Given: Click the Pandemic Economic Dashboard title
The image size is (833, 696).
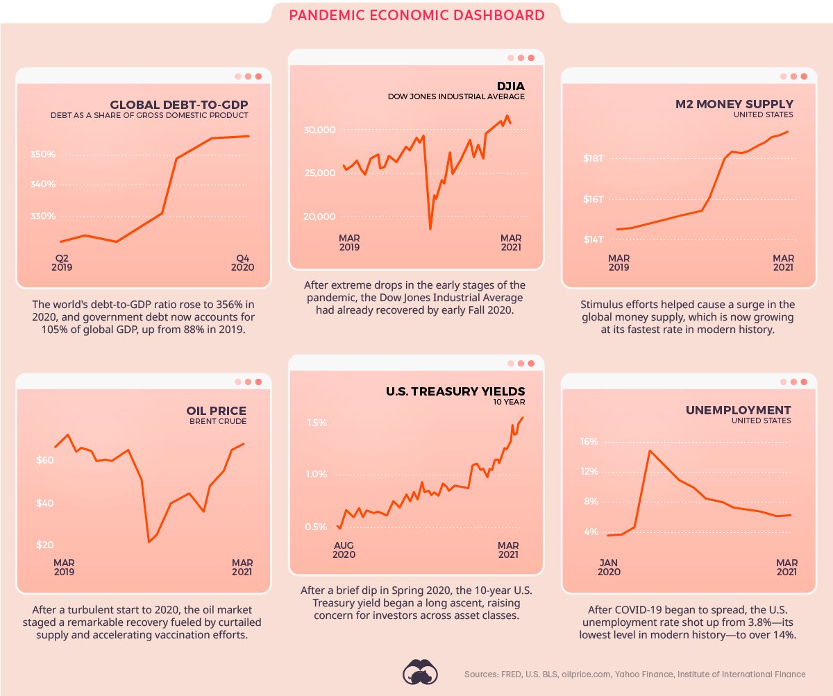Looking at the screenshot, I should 416,15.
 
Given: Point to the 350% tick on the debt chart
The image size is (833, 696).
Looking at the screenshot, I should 43,154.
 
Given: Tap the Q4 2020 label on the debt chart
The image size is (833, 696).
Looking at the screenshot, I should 242,262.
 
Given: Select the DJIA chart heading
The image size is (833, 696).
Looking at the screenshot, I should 510,85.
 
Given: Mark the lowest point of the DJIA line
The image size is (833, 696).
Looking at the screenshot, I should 430,229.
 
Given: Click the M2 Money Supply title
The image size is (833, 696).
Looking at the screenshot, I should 734,104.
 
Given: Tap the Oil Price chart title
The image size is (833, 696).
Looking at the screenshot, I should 217,410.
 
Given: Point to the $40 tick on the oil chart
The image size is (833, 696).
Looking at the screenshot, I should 44,503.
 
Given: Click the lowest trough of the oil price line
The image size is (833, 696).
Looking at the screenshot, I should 149,542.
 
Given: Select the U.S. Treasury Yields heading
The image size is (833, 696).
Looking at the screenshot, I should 455,391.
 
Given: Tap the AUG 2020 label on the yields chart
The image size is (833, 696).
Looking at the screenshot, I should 344,550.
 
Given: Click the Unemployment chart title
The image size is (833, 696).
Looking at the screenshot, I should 738,410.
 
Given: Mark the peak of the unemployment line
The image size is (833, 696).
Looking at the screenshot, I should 650,450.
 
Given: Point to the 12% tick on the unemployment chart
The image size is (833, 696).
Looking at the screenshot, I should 589,472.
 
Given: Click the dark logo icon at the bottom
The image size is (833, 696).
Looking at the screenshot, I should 421,672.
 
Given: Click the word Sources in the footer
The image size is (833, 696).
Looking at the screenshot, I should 480,674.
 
